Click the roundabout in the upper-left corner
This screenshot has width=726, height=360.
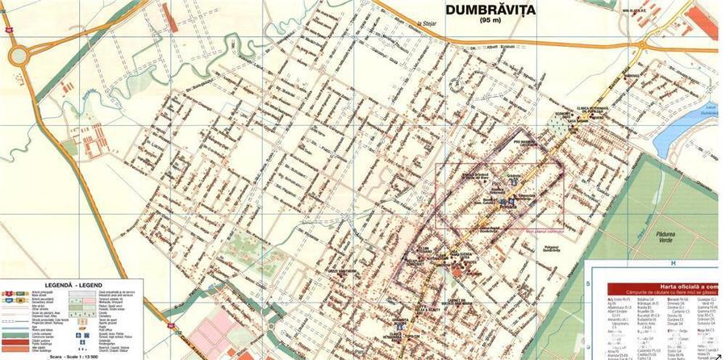coord(19,56)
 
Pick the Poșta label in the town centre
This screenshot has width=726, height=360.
coord(508,206)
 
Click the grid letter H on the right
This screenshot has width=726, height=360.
coord(671,263)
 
